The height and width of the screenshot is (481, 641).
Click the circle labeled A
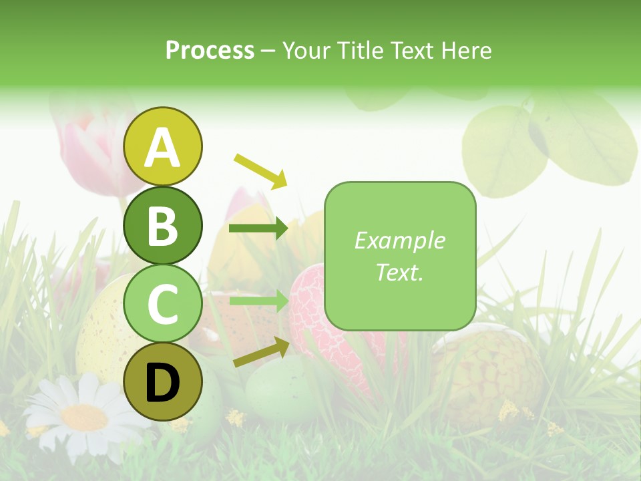pyautogui.click(x=163, y=146)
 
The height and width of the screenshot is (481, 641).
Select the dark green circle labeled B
pyautogui.click(x=163, y=225)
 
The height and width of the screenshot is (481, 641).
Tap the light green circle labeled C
pyautogui.click(x=163, y=304)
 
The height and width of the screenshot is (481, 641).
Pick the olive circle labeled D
pyautogui.click(x=163, y=381)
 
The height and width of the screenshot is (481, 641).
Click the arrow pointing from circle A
pyautogui.click(x=260, y=171)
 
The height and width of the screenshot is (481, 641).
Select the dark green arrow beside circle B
pyautogui.click(x=258, y=229)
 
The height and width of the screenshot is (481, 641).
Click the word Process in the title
pyautogui.click(x=210, y=51)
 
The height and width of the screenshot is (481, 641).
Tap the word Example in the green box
pyautogui.click(x=400, y=240)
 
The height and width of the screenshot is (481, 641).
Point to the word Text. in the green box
pyautogui.click(x=400, y=272)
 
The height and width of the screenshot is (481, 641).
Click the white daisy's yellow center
pyautogui.click(x=84, y=418)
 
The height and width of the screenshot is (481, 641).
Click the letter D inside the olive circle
pyautogui.click(x=163, y=383)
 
